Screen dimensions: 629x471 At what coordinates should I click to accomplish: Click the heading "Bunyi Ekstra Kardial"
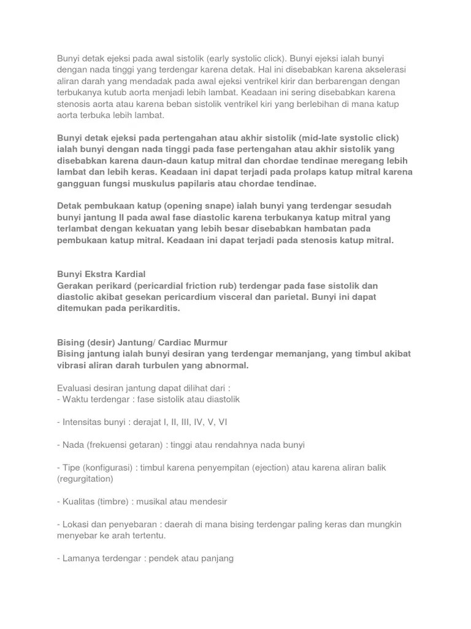click(101, 274)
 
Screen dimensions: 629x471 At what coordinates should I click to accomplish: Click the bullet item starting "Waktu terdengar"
click(148, 399)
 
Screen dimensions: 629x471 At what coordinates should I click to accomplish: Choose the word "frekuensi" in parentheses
click(111, 445)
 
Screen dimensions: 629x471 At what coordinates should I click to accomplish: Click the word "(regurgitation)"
click(85, 479)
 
